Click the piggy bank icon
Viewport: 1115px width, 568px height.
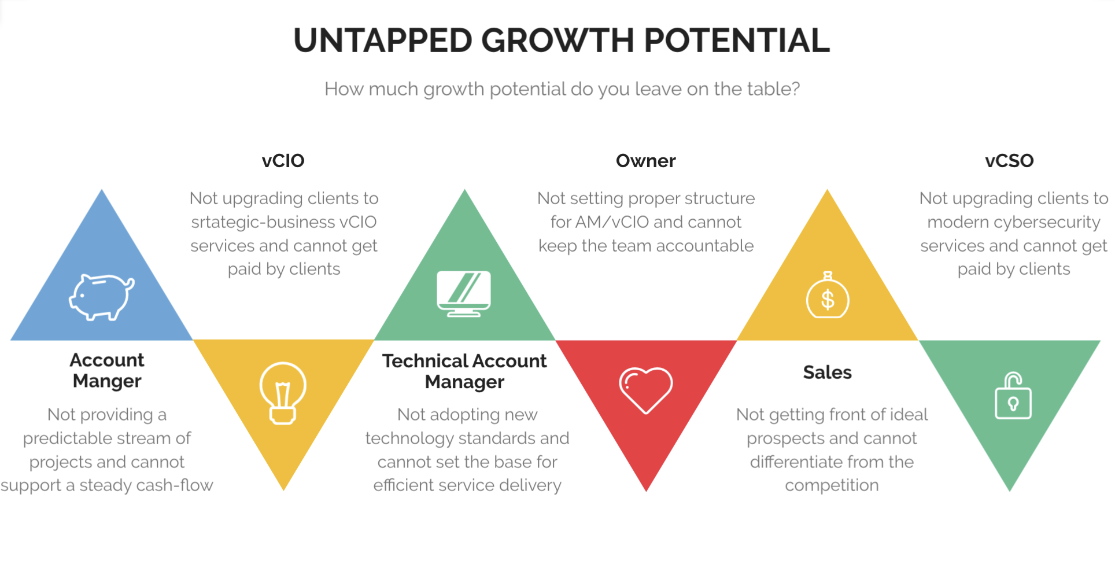tap(102, 297)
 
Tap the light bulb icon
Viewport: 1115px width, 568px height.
tap(283, 393)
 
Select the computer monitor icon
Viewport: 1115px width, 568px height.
tap(464, 293)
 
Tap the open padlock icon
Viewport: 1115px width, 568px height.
tap(1013, 396)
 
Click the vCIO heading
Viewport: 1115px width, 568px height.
tap(283, 161)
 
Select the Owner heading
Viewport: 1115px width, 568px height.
tap(645, 161)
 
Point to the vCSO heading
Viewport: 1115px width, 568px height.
tap(1009, 161)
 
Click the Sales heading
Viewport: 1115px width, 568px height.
tap(827, 372)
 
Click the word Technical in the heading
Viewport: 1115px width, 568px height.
tap(425, 361)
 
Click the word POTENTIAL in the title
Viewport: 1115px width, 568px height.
tap(737, 40)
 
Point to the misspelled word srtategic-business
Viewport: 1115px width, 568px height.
tap(263, 222)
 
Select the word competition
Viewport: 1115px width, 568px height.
tap(832, 485)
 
